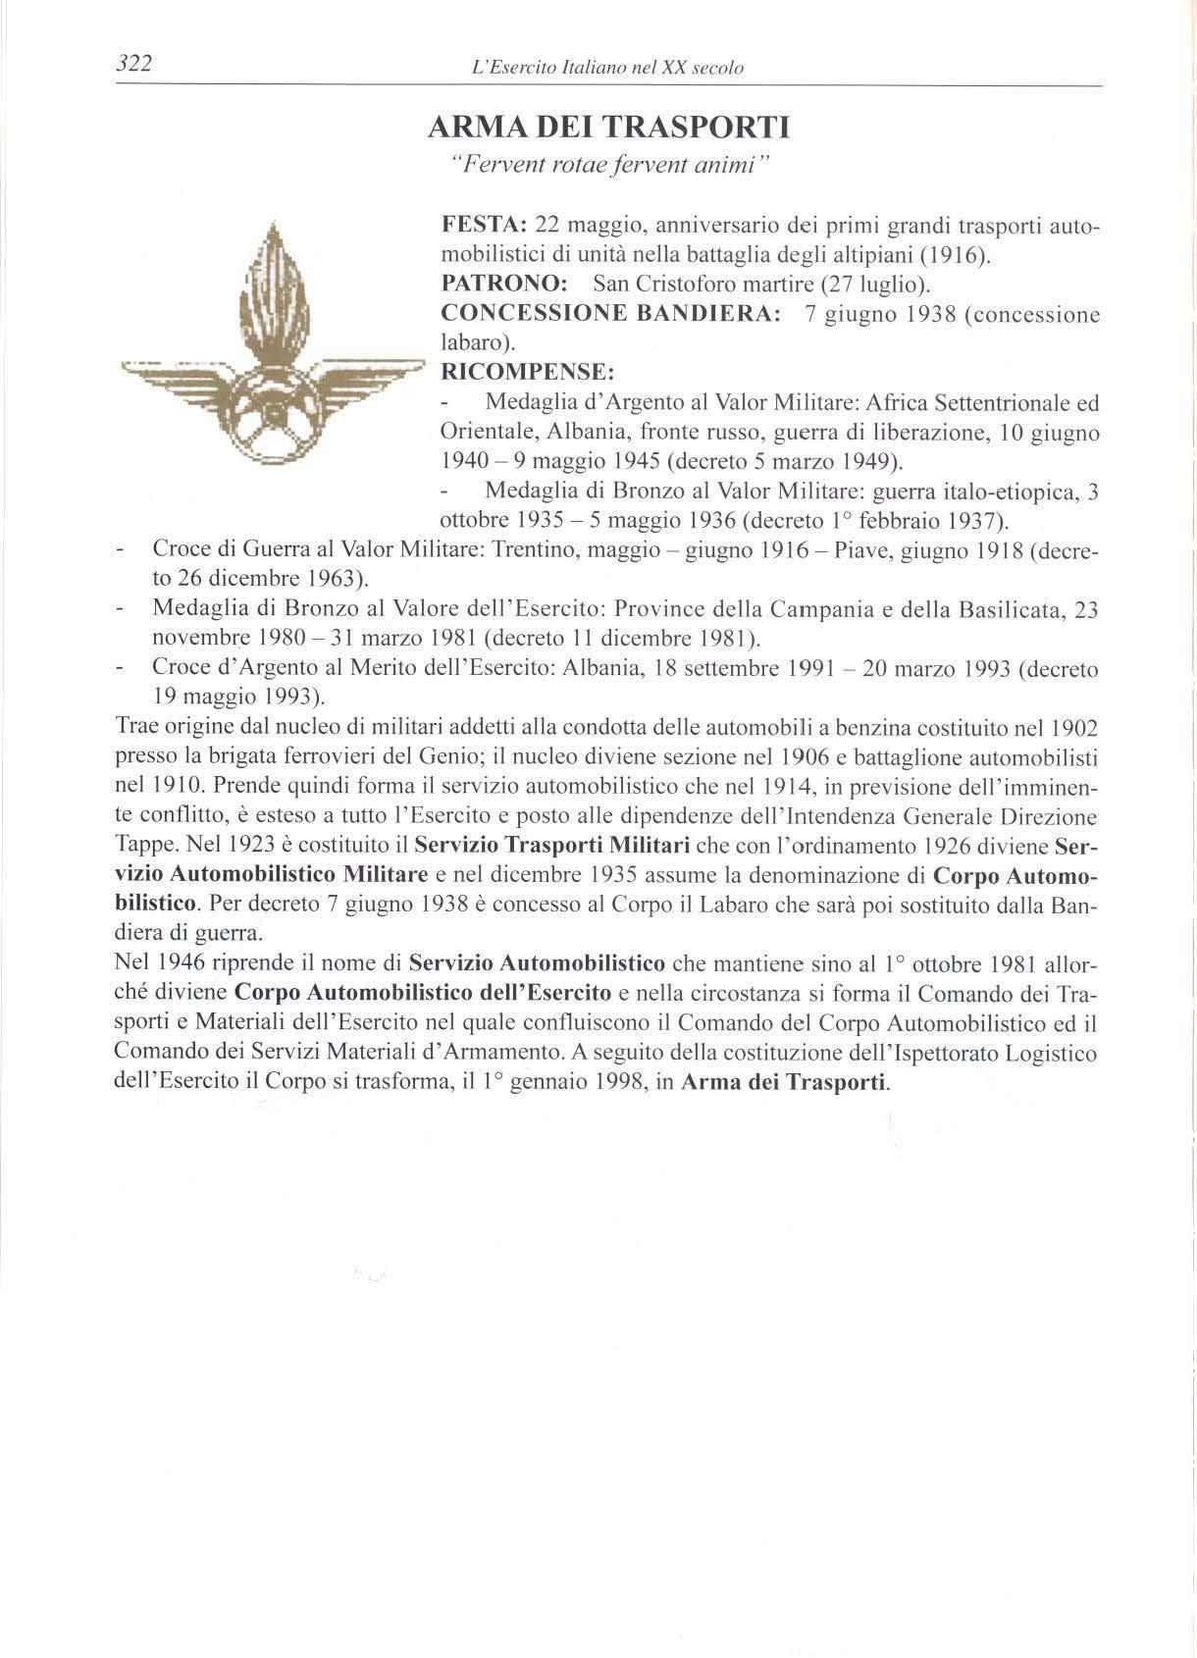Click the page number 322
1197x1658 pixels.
click(133, 65)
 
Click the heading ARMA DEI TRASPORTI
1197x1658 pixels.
click(608, 128)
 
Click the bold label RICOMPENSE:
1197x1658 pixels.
click(528, 373)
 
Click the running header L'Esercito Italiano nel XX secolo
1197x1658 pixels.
click(607, 69)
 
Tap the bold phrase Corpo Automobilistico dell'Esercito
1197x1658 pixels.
click(424, 993)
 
